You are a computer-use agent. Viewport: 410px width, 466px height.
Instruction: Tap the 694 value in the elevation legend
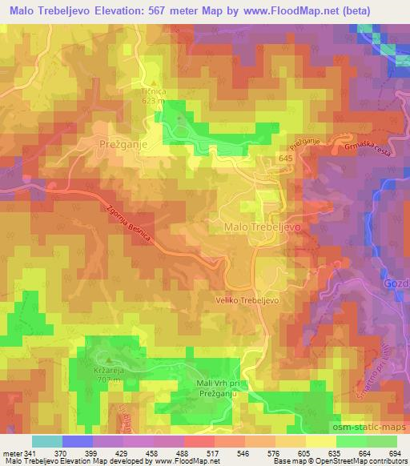pos(395,452)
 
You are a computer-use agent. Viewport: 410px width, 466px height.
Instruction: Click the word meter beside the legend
pos(12,452)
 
